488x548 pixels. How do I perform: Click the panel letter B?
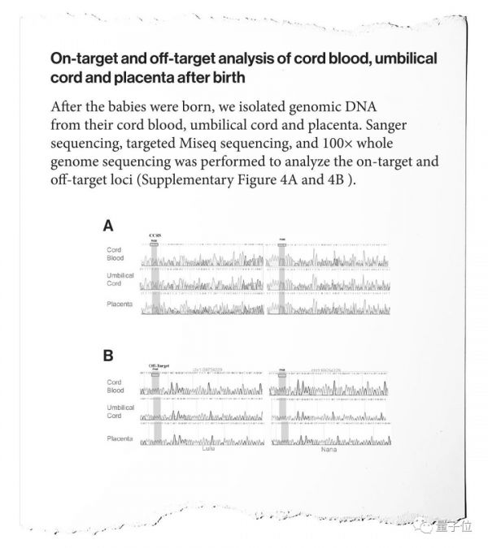108,356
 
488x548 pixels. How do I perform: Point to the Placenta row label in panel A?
120,303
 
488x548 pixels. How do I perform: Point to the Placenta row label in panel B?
120,439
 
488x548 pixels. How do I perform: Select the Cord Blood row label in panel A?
115,254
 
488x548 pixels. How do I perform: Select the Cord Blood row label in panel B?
115,386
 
